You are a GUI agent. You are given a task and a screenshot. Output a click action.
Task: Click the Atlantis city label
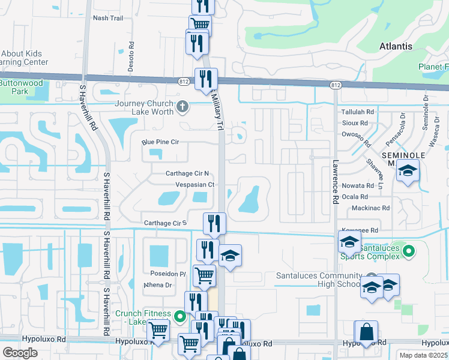(x=396, y=46)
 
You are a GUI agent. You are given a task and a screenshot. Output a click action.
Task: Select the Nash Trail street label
(x=108, y=18)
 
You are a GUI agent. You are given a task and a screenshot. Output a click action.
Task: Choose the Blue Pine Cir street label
(x=161, y=142)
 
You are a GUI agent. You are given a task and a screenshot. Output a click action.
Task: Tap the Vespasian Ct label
(x=194, y=185)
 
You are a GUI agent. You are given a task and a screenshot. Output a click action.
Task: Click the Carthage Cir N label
(x=187, y=173)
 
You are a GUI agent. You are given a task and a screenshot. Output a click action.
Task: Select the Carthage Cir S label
(x=164, y=223)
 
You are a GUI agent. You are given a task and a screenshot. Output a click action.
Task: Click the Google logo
(x=20, y=352)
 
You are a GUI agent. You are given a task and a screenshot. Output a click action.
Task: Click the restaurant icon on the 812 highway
(x=205, y=79)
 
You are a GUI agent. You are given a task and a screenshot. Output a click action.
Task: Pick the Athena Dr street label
(x=158, y=285)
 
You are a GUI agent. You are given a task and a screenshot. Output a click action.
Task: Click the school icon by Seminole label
(x=408, y=172)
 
